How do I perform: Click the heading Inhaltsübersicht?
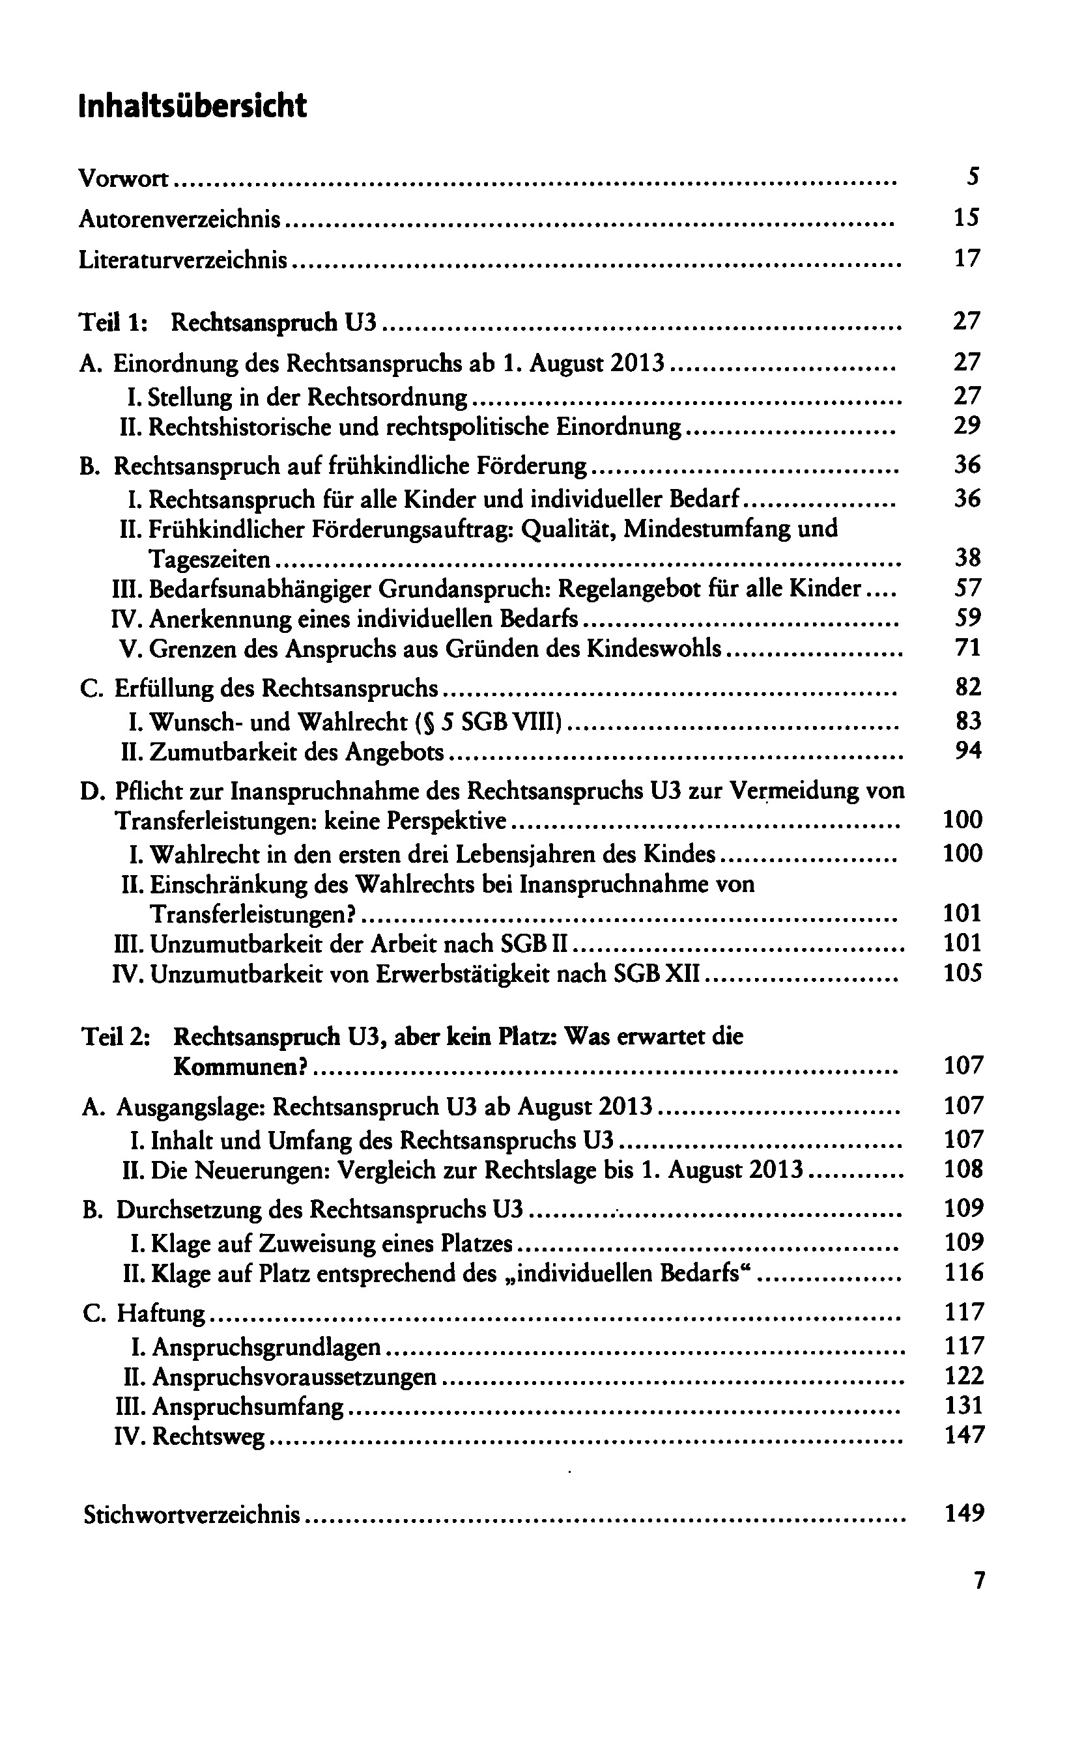192,106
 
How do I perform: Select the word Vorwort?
123,178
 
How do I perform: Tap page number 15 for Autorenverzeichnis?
966,217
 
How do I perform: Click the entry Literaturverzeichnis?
183,260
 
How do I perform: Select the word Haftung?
160,1313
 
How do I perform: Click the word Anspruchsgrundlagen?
266,1347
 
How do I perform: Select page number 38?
967,558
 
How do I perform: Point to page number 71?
967,647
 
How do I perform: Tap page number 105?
963,973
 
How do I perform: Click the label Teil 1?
113,322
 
